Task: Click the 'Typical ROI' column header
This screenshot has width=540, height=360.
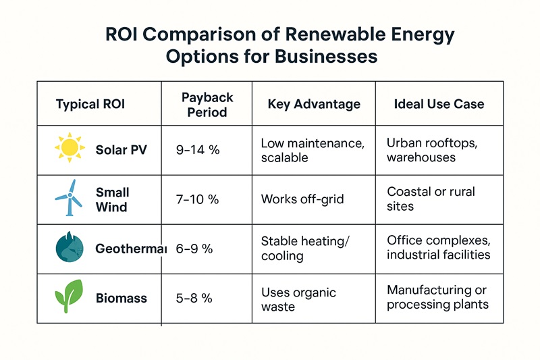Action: [x=90, y=105]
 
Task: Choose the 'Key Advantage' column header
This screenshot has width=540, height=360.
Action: [x=314, y=105]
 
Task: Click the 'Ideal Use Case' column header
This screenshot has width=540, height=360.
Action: [x=439, y=105]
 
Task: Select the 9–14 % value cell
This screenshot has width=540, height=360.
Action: [x=198, y=150]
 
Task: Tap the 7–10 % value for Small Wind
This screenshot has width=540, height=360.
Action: [x=198, y=199]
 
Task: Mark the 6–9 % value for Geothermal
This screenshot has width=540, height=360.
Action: [x=194, y=249]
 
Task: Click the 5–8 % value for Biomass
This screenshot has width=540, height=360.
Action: [x=194, y=298]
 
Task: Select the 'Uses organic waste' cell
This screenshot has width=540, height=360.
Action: [x=298, y=299]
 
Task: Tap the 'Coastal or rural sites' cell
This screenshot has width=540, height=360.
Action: [x=431, y=199]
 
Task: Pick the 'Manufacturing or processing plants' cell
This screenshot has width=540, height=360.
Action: [x=437, y=297]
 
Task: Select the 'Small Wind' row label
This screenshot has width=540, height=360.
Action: [x=112, y=200]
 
